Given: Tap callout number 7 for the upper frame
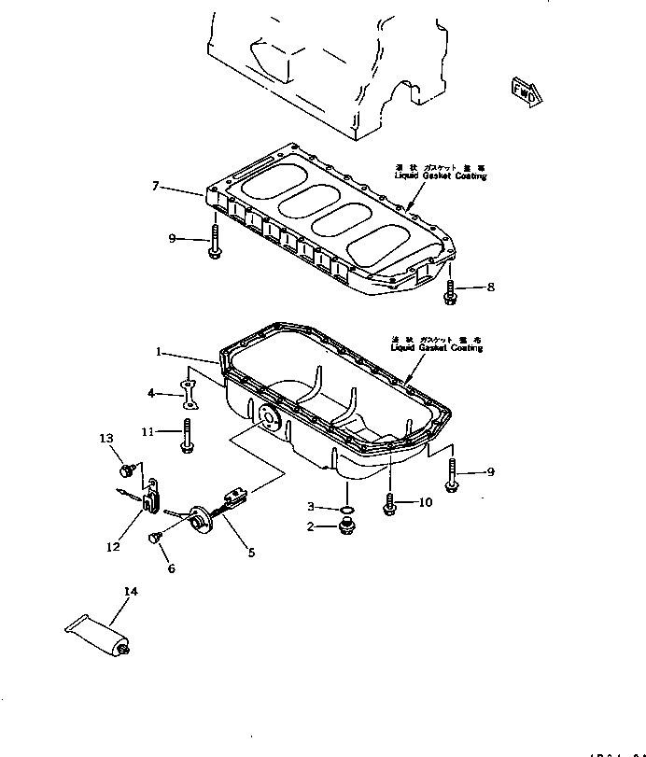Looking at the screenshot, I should click(156, 187).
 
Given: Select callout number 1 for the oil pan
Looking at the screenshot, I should click(160, 353).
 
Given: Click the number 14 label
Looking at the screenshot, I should click(129, 590).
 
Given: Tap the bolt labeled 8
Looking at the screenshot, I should click(450, 292).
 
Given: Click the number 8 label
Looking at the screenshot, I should click(491, 287).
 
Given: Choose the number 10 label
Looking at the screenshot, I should click(425, 502).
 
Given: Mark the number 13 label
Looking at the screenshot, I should click(106, 438).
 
